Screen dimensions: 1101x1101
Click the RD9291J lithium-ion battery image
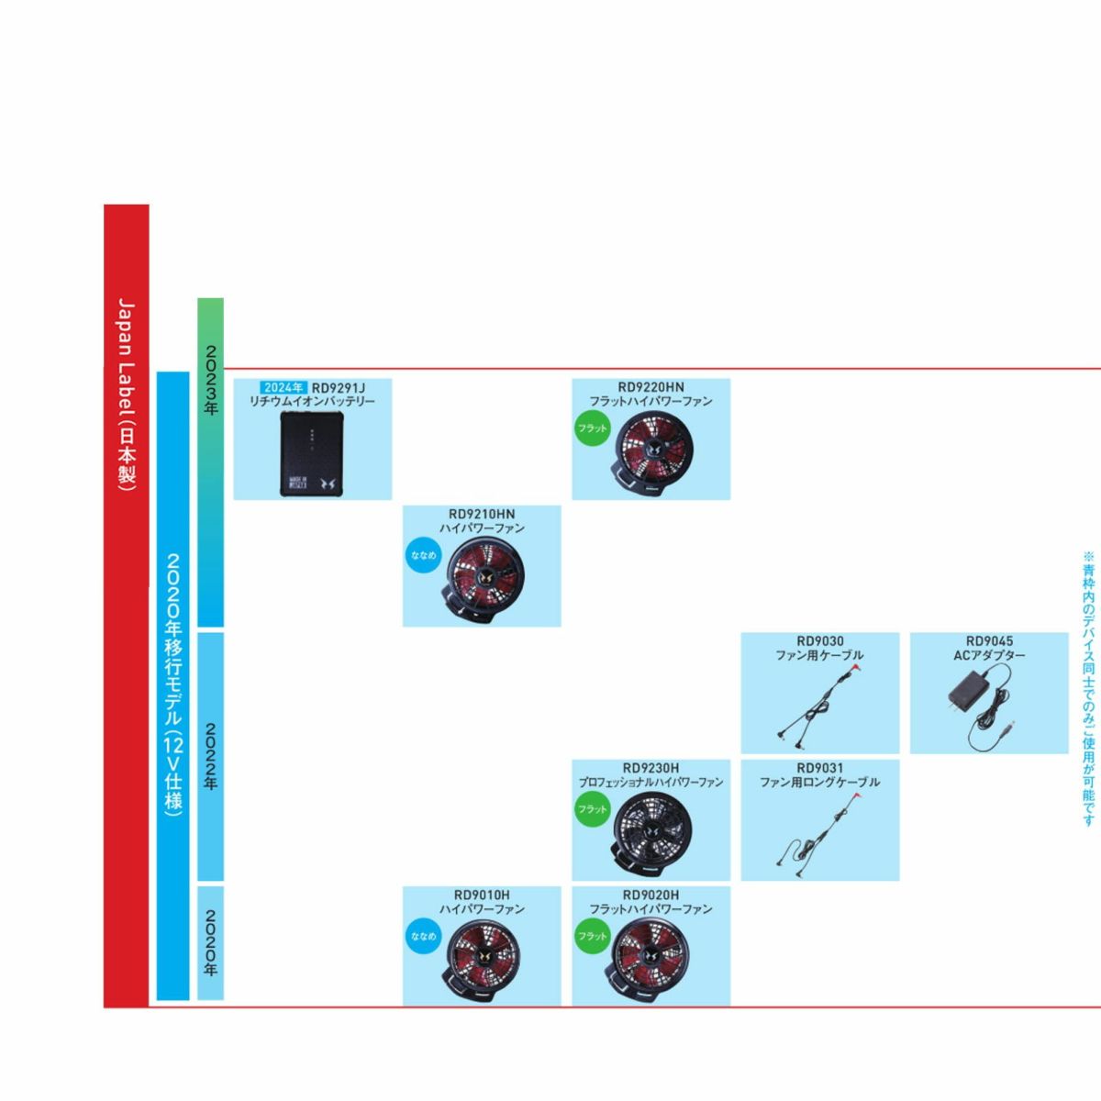[x=312, y=454]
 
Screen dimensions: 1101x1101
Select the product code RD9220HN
[x=651, y=387]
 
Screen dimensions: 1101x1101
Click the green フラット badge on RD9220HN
[x=593, y=428]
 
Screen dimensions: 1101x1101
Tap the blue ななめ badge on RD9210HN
[x=423, y=555]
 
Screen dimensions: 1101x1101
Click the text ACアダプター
[x=989, y=655]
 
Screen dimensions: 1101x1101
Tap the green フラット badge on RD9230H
[x=593, y=809]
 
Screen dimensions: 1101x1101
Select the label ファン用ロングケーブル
[x=819, y=782]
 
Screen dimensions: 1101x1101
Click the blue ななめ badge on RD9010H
[x=423, y=936]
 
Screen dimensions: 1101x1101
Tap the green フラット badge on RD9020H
[x=593, y=936]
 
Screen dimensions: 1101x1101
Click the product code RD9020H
[x=651, y=895]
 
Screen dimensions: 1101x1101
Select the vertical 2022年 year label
[x=210, y=757]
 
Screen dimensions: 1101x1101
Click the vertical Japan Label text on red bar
[x=127, y=395]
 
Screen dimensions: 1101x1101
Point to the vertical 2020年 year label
[x=210, y=942]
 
